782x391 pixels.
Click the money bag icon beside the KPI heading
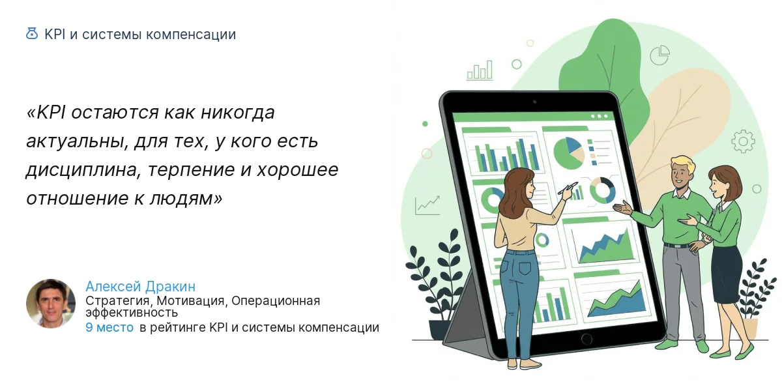[31, 34]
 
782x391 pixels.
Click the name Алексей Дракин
[140, 287]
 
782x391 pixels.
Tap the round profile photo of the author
[51, 304]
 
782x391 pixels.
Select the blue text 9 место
[109, 328]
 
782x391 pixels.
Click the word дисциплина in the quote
[83, 169]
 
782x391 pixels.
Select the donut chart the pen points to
[602, 190]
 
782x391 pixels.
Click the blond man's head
[682, 173]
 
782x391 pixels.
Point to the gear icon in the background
[742, 141]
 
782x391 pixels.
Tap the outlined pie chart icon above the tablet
[660, 55]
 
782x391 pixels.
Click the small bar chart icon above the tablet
[480, 70]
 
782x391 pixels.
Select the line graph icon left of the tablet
[427, 205]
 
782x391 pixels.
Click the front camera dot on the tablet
[534, 102]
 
